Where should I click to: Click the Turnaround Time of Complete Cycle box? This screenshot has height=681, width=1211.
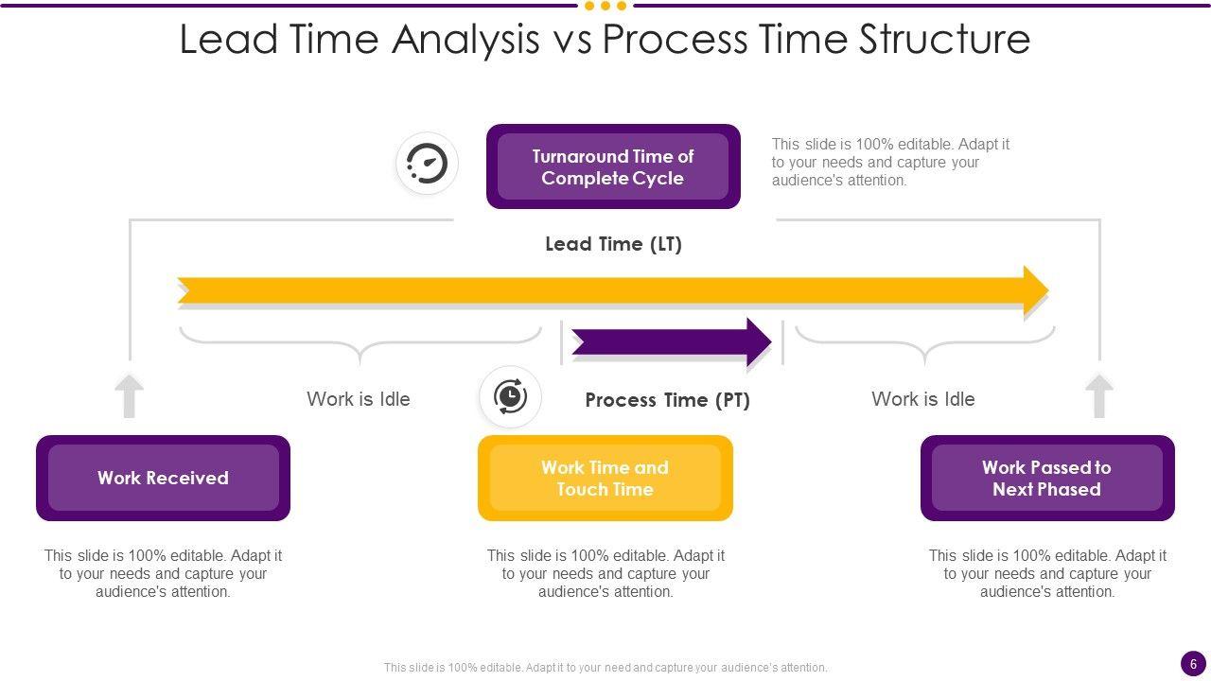tap(613, 166)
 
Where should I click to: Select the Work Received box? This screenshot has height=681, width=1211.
tap(163, 478)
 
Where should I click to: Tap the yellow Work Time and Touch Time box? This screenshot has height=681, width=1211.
tap(605, 478)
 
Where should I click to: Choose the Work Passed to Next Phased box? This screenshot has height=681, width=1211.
tap(1046, 478)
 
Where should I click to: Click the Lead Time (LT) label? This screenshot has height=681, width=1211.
tap(613, 244)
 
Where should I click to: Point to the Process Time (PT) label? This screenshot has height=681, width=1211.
tap(667, 400)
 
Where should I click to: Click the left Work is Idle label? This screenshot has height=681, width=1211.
tap(359, 399)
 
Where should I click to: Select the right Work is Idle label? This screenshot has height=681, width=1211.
tap(922, 399)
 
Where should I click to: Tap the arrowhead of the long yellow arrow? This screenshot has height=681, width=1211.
tap(1036, 289)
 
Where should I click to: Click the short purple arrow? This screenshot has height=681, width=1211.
tap(672, 341)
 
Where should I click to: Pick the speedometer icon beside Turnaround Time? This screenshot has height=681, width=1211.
tap(428, 164)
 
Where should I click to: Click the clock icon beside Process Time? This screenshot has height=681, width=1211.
tap(510, 396)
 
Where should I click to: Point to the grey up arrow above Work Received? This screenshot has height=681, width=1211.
tap(130, 395)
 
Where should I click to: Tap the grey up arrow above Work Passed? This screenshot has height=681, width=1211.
tap(1098, 395)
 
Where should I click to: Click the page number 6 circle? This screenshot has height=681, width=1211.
tap(1193, 664)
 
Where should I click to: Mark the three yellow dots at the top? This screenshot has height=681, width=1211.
tap(605, 6)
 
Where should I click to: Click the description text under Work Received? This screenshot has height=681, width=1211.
tap(163, 573)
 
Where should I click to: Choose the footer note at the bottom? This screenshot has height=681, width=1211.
tap(605, 667)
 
